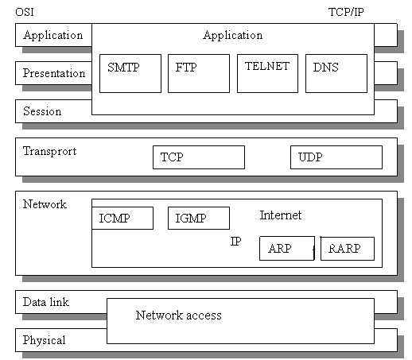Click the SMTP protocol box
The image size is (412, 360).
pyautogui.click(x=130, y=73)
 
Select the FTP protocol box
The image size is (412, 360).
pyautogui.click(x=199, y=73)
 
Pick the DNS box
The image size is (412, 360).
pyautogui.click(x=336, y=73)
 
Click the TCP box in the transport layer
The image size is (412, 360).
pyautogui.click(x=198, y=157)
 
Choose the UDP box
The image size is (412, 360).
pyautogui.click(x=336, y=157)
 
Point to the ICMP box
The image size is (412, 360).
pyautogui.click(x=122, y=218)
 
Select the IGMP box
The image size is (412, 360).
pyautogui.click(x=198, y=218)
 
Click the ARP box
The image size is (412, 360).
pyautogui.click(x=286, y=249)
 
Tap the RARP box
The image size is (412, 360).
pyautogui.click(x=347, y=249)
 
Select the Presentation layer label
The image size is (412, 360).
pyautogui.click(x=54, y=73)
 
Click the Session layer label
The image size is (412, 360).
pyautogui.click(x=42, y=111)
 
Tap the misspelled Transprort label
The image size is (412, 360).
pyautogui.click(x=50, y=151)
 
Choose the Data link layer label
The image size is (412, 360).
pyautogui.click(x=46, y=302)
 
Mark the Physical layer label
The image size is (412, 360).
pyautogui.click(x=45, y=340)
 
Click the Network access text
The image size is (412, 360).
pyautogui.click(x=178, y=315)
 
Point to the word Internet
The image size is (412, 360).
pyautogui.click(x=281, y=215)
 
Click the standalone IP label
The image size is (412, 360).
pyautogui.click(x=235, y=241)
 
